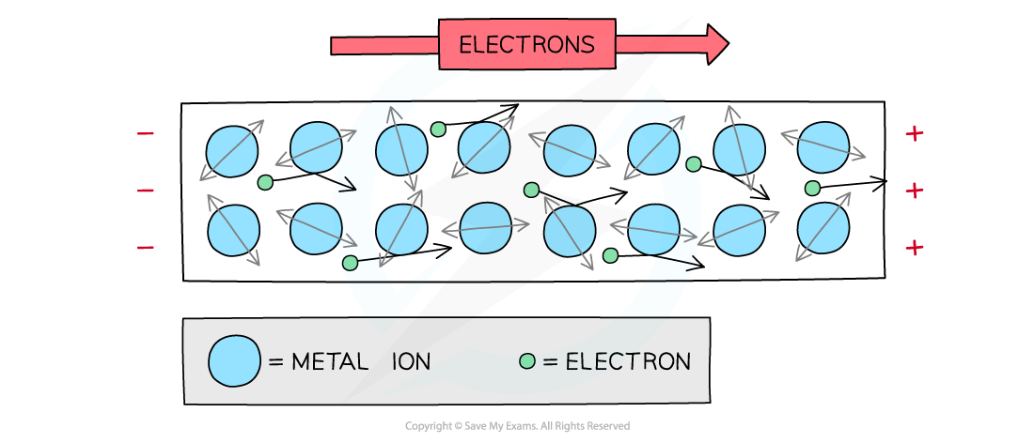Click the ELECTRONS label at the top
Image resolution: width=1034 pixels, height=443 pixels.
tap(526, 45)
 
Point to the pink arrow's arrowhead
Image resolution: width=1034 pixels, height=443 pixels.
tap(716, 43)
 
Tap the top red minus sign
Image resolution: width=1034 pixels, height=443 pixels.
tap(146, 134)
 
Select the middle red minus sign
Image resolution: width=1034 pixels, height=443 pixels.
tap(146, 191)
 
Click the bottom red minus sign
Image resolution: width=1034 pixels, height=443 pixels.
tap(146, 248)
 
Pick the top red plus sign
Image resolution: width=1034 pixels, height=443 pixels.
tap(914, 134)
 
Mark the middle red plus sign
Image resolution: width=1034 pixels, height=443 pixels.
tap(914, 191)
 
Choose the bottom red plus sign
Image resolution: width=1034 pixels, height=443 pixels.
tap(914, 248)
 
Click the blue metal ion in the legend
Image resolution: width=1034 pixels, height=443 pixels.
tap(234, 361)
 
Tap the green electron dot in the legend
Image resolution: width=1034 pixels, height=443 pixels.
tap(527, 361)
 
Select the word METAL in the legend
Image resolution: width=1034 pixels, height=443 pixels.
tap(329, 361)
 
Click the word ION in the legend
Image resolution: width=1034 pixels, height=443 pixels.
tap(411, 361)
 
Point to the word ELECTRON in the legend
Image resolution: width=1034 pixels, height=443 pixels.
tap(628, 361)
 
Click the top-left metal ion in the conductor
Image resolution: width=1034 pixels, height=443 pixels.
tap(231, 150)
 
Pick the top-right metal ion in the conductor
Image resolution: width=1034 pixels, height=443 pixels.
tap(823, 147)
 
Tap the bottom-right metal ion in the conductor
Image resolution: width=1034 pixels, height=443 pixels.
tap(823, 228)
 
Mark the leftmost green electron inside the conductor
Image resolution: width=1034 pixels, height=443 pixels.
tap(265, 182)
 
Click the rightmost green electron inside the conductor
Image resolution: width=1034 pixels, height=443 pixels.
tap(812, 189)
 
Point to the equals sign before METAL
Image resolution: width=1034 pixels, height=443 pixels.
tap(276, 362)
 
